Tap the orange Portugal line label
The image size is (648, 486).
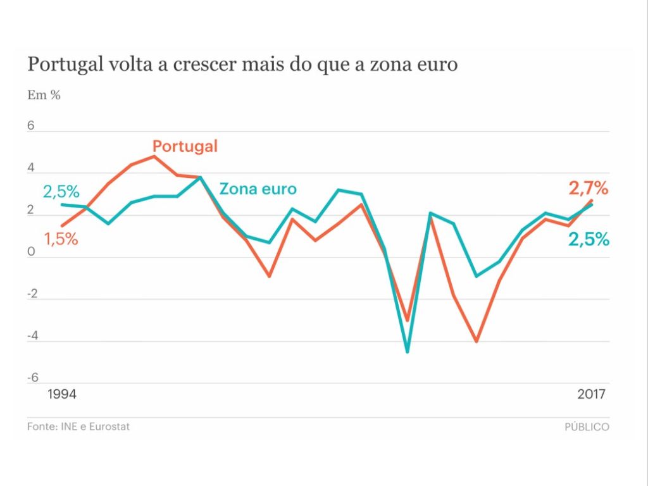click(185, 146)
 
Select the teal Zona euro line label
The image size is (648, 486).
click(258, 189)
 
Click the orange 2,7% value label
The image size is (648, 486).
click(588, 188)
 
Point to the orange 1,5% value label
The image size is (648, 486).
click(61, 239)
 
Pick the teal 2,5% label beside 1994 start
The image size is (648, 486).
click(61, 192)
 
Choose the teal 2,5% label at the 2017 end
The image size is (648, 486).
click(589, 240)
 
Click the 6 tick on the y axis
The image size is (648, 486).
click(30, 126)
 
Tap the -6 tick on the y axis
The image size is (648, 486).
click(32, 378)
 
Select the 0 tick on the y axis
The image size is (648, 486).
click(30, 252)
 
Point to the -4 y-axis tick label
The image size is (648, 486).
click(32, 336)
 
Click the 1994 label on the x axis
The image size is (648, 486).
click(62, 394)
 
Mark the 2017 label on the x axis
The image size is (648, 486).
click(592, 394)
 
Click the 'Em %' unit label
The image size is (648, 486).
click(44, 96)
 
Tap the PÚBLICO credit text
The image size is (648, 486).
click(587, 427)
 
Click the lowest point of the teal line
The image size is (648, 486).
click(407, 351)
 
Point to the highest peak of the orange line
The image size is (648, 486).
click(154, 156)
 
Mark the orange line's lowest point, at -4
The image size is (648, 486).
click(476, 341)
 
